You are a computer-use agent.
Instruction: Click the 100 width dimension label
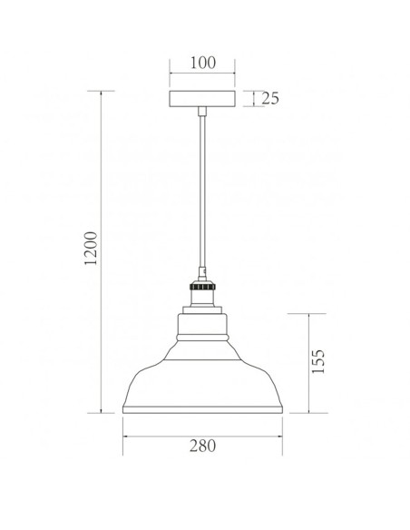point(203,63)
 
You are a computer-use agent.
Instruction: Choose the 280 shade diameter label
point(202,446)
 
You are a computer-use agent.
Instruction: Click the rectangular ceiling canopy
point(202,100)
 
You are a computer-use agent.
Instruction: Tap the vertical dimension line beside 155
point(311,363)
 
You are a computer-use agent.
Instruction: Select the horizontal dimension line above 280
point(202,432)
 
